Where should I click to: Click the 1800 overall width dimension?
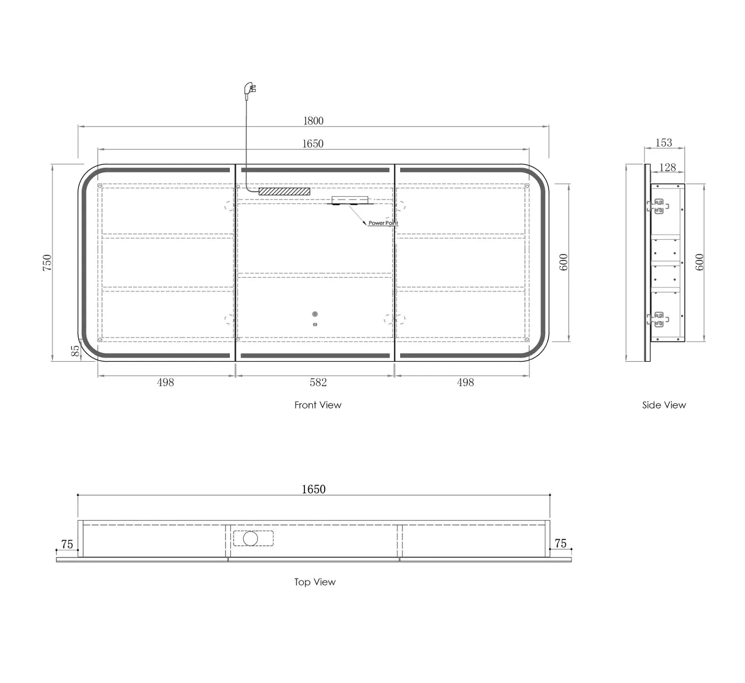click(313, 121)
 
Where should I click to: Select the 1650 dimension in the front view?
click(313, 144)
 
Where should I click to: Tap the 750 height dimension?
click(47, 263)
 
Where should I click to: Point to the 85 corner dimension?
click(76, 351)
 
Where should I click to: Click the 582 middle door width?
click(318, 382)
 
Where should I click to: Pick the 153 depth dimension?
click(664, 143)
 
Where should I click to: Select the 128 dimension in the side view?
click(667, 168)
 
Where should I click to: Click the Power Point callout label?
click(383, 223)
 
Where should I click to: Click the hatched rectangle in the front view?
click(285, 191)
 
